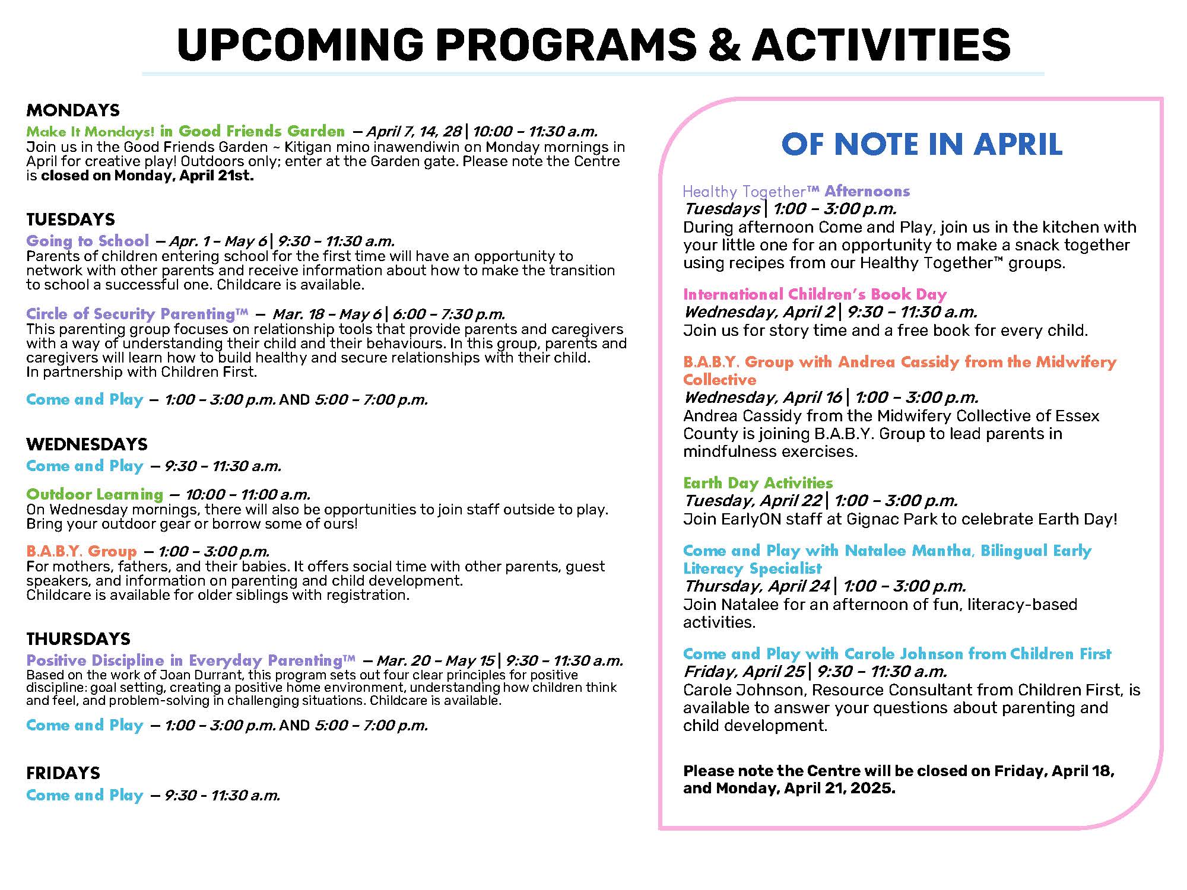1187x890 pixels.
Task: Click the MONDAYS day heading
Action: [x=73, y=110]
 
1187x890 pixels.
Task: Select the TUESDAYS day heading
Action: [x=71, y=220]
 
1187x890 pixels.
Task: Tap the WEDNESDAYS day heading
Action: [x=87, y=444]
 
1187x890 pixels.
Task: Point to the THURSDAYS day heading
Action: [x=78, y=639]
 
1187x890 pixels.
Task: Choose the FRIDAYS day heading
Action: [x=63, y=773]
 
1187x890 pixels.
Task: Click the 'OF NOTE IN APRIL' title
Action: [x=922, y=144]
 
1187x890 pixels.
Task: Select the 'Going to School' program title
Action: [x=88, y=241]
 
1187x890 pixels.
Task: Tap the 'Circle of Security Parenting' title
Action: [x=137, y=314]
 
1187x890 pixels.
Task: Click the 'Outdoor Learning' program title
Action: [x=95, y=494]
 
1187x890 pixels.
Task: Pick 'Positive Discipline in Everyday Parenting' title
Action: [x=191, y=660]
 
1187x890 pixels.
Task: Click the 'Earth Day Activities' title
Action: [x=758, y=483]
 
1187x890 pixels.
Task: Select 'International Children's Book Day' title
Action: [x=815, y=294]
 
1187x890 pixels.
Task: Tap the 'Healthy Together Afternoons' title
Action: [x=796, y=191]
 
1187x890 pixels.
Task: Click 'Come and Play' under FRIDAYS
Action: [x=85, y=795]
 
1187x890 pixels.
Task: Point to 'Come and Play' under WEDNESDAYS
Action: [x=85, y=466]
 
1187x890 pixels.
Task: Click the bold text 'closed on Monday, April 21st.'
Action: [x=147, y=176]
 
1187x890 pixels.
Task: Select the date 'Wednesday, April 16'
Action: [x=763, y=398]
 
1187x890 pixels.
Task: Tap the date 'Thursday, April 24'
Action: [x=757, y=586]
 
